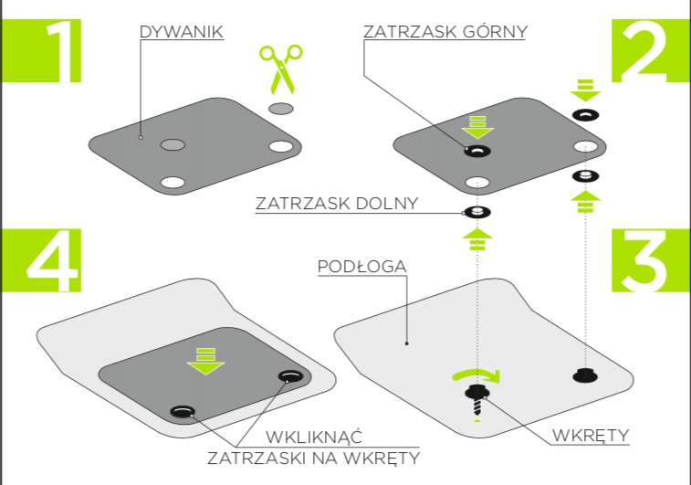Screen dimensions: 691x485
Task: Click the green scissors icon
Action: coord(279,69)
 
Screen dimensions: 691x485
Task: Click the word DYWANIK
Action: coord(182,32)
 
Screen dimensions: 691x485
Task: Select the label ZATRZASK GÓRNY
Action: coord(445,32)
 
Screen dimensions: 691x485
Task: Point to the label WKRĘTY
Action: coord(591,435)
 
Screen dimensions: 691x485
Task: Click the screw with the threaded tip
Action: coord(476,400)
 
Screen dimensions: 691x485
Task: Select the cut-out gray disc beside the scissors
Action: coord(281,109)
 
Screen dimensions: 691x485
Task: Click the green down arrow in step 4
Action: coord(204,360)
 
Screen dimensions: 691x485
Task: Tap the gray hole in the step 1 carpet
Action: coord(173,145)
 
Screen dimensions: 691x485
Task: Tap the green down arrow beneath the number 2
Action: coord(585,90)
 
